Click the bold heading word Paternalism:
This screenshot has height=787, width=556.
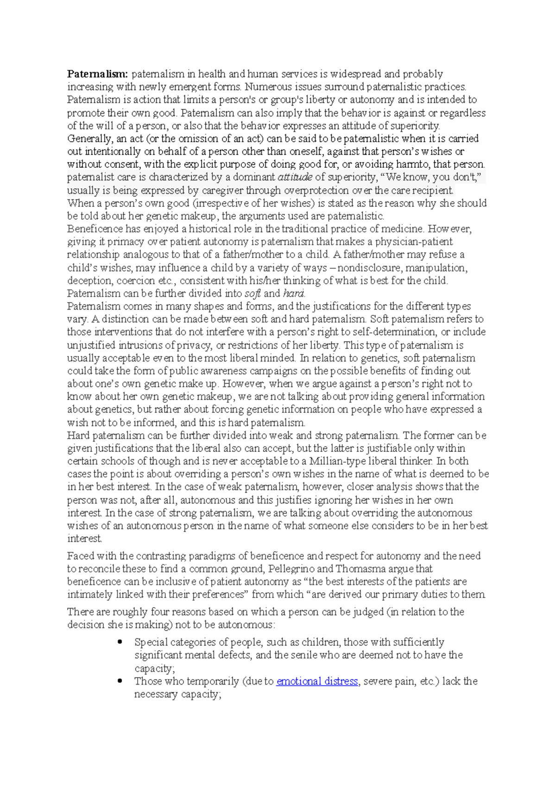coord(97,74)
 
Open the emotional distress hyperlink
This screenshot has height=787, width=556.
coord(317,681)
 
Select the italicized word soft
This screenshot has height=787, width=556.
coord(253,293)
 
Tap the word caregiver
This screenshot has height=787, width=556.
coord(222,190)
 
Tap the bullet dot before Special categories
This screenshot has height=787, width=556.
coord(120,642)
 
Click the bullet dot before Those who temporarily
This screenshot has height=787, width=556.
coord(120,681)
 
